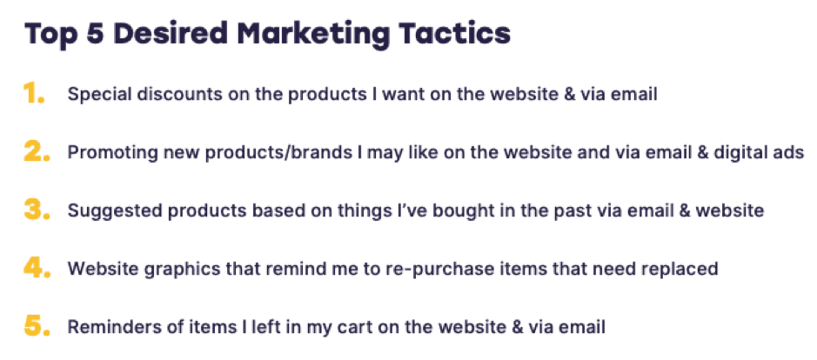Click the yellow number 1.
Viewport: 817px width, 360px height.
[x=34, y=94]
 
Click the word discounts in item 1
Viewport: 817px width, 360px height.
[x=161, y=95]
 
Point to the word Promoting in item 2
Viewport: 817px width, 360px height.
[x=103, y=152]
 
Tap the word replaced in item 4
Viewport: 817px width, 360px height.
[x=683, y=269]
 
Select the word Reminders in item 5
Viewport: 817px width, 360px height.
[x=104, y=327]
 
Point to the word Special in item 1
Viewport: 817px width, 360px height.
[x=94, y=95]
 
